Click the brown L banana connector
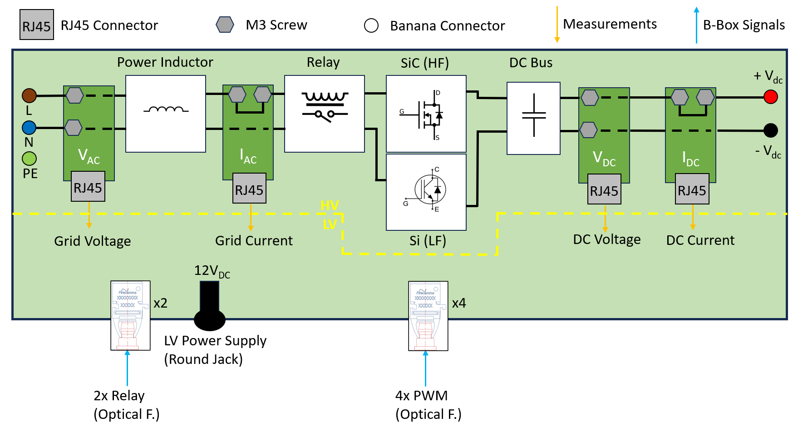[x=30, y=96]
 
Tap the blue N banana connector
[x=29, y=128]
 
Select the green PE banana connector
[x=29, y=159]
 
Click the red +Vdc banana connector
[x=770, y=97]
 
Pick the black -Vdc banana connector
[x=770, y=130]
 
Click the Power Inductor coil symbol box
[x=166, y=114]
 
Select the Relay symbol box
[x=324, y=114]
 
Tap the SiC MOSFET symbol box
[x=426, y=114]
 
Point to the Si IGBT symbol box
[x=426, y=192]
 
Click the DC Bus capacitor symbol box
[x=533, y=118]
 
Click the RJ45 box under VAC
[x=88, y=186]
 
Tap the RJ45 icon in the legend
[x=37, y=25]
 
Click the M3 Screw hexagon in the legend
[x=225, y=25]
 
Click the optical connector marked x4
[x=428, y=316]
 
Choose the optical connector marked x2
[x=130, y=315]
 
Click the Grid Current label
[x=254, y=240]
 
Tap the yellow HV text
[x=330, y=205]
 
